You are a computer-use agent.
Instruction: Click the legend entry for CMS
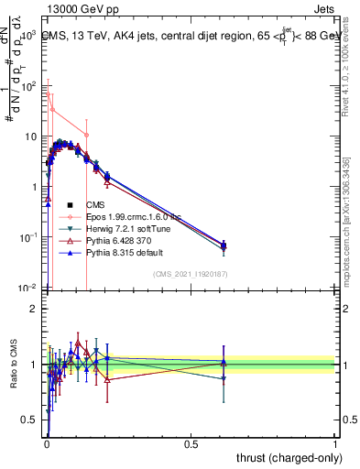pos(96,204)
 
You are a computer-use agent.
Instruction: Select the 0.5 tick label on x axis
pos(191,444)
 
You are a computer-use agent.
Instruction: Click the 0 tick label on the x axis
pos(46,444)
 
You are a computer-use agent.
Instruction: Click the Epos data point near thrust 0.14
pos(86,135)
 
